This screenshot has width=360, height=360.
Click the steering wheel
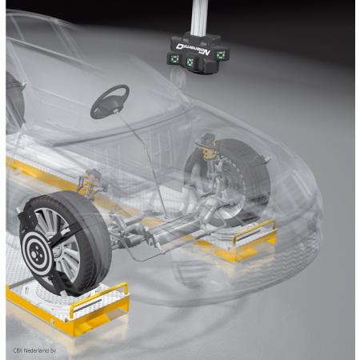pyautogui.click(x=110, y=101)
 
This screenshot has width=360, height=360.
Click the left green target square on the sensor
pyautogui.click(x=174, y=59)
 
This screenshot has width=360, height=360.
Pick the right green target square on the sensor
pyautogui.click(x=220, y=54)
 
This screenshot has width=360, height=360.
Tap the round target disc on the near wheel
pyautogui.click(x=38, y=246)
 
